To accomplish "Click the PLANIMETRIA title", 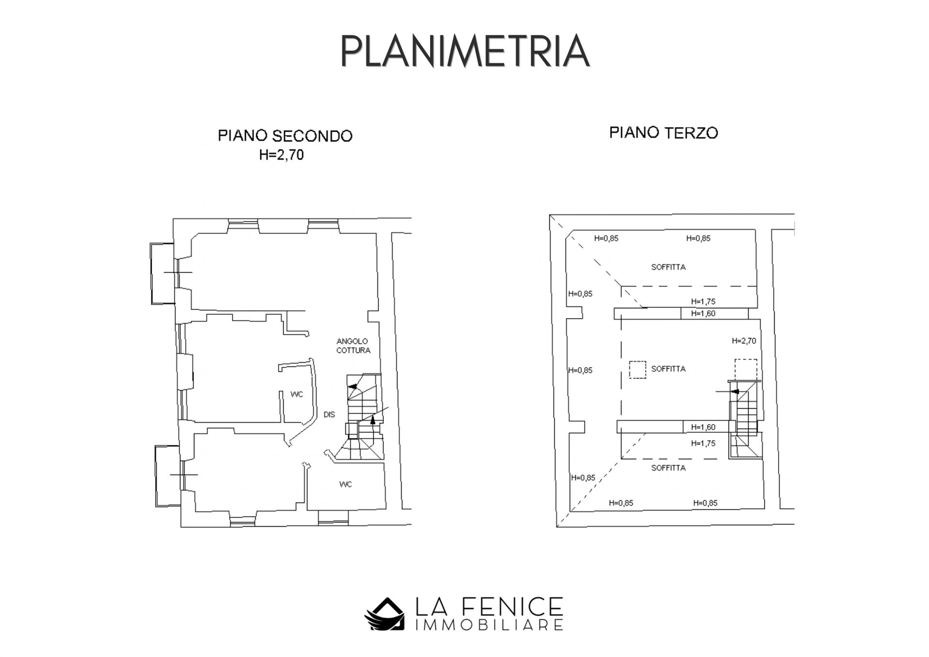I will click(x=464, y=51).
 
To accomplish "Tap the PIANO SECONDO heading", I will click(x=285, y=136).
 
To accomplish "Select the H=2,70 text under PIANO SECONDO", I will click(x=281, y=155).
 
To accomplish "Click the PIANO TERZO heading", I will click(x=663, y=133).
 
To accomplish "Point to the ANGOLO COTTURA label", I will click(x=353, y=346).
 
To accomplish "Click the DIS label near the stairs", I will click(x=329, y=415).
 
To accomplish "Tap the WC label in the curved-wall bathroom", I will click(x=297, y=395).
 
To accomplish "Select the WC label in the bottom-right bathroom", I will click(x=345, y=485).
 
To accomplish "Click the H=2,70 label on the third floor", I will click(x=744, y=341).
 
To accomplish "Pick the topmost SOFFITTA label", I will click(x=668, y=267).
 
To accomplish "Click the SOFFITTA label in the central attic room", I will click(x=668, y=369).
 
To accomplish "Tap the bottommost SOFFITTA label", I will click(x=668, y=468).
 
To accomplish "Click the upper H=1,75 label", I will click(x=703, y=302).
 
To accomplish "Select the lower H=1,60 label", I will click(x=703, y=427).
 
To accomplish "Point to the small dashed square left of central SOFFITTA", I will click(x=637, y=370).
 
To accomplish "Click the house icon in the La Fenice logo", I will click(x=384, y=614).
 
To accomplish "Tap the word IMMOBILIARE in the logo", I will click(x=489, y=625).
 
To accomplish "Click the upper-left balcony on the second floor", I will click(x=163, y=274).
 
